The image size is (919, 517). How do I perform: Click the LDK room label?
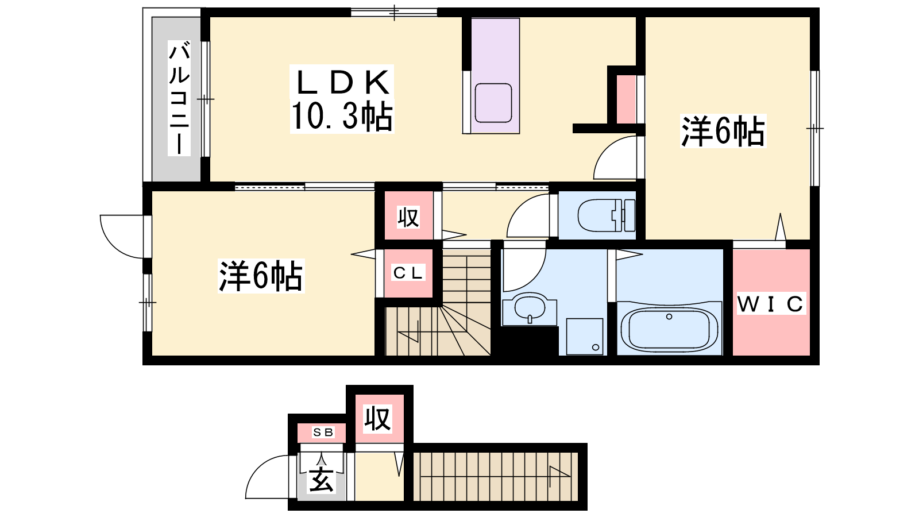tap(342, 83)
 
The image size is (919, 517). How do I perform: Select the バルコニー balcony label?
tap(179, 98)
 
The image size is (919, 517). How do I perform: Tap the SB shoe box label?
tap(323, 432)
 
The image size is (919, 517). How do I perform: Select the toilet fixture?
tap(607, 215)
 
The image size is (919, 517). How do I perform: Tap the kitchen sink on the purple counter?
tap(493, 103)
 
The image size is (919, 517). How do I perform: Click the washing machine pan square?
tap(585, 337)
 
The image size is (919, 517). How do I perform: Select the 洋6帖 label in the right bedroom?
tap(723, 132)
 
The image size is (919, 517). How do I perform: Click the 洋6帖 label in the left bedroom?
tap(261, 276)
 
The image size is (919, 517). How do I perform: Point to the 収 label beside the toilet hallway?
tap(408, 218)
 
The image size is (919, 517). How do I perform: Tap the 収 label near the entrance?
tap(377, 419)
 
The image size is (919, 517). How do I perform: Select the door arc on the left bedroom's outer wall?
tap(111, 245)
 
